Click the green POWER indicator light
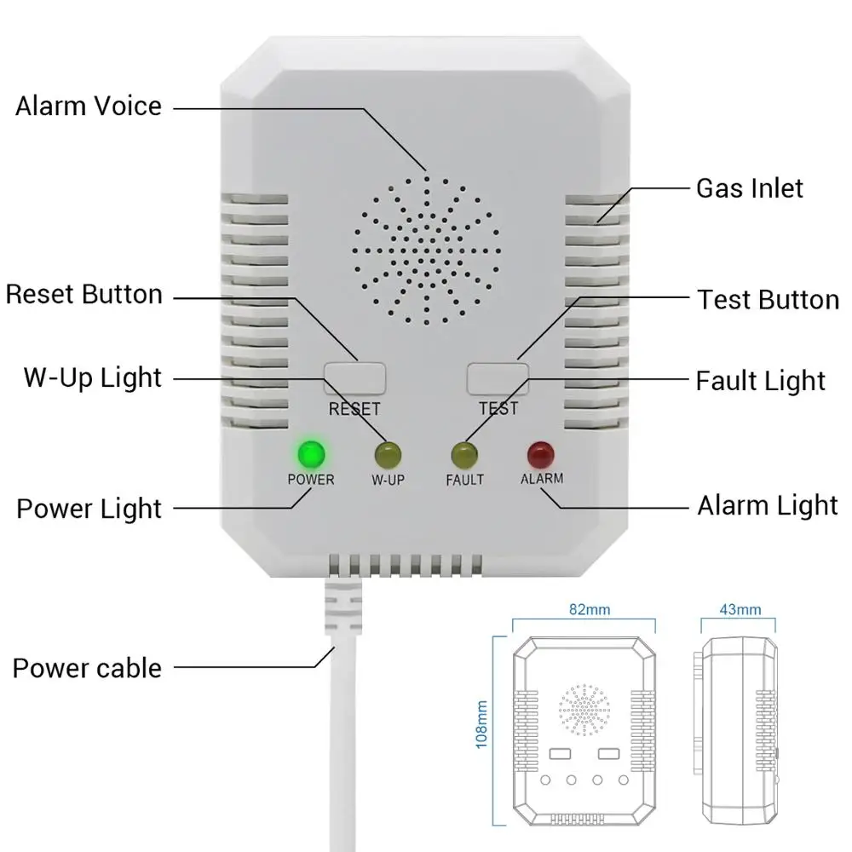(x=310, y=452)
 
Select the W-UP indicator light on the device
(x=388, y=453)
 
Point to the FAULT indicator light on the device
(x=464, y=453)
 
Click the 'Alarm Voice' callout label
(x=89, y=106)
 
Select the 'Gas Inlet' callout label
(x=750, y=188)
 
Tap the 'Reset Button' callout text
(x=83, y=295)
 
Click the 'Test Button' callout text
(x=768, y=300)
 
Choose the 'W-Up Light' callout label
(x=92, y=377)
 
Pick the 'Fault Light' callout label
(x=760, y=381)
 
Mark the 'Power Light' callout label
(x=89, y=509)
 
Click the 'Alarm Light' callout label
(x=768, y=505)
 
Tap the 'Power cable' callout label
(x=86, y=667)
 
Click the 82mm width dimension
(x=583, y=610)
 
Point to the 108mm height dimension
(x=483, y=723)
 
